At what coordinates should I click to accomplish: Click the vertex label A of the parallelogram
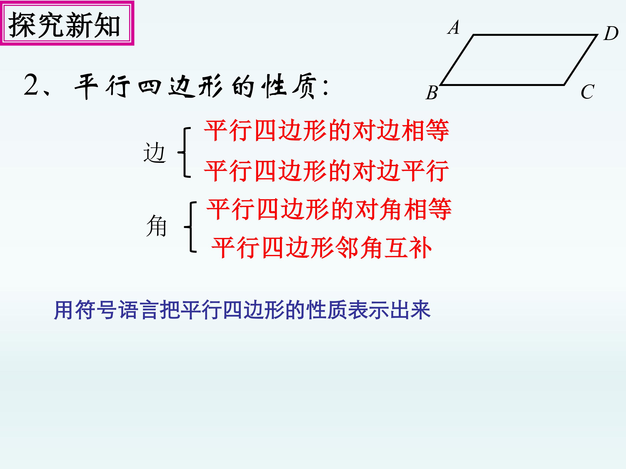[454, 28]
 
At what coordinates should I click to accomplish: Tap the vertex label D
[611, 34]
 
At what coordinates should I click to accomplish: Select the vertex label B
[432, 93]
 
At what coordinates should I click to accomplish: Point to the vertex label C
[588, 92]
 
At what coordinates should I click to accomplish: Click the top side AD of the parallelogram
[535, 35]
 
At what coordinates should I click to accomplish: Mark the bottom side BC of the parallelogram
[502, 84]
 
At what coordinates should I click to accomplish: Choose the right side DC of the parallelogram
[580, 60]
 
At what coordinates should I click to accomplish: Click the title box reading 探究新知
[67, 23]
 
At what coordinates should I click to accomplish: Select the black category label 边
[154, 153]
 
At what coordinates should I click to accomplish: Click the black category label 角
[156, 226]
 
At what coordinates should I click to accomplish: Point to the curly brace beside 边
[185, 152]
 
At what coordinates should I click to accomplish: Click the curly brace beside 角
[191, 227]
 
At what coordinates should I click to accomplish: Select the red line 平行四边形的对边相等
[326, 131]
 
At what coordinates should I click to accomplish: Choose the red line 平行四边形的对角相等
[329, 210]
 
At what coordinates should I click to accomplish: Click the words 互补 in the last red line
[408, 248]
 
